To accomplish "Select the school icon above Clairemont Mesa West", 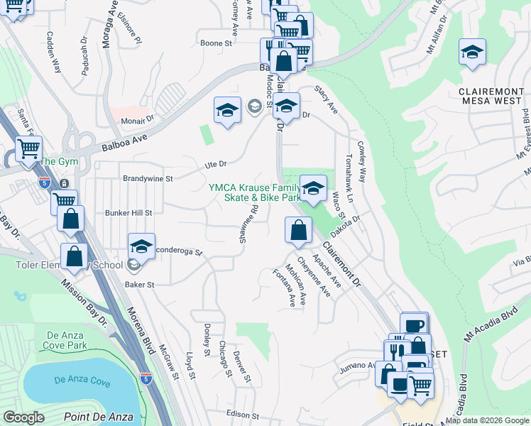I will point(472,53).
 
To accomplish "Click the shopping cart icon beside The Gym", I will point(29,150).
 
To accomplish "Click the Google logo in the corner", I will point(23,417).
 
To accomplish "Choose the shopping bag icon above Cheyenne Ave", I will point(298,229).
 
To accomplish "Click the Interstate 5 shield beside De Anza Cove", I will point(146,378).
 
